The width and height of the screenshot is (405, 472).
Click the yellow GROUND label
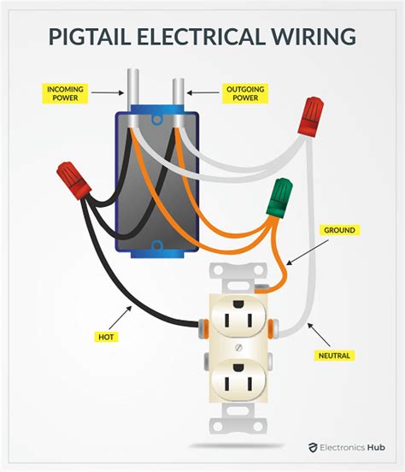tap(338, 230)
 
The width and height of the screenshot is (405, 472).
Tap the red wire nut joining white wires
tap(310, 117)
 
